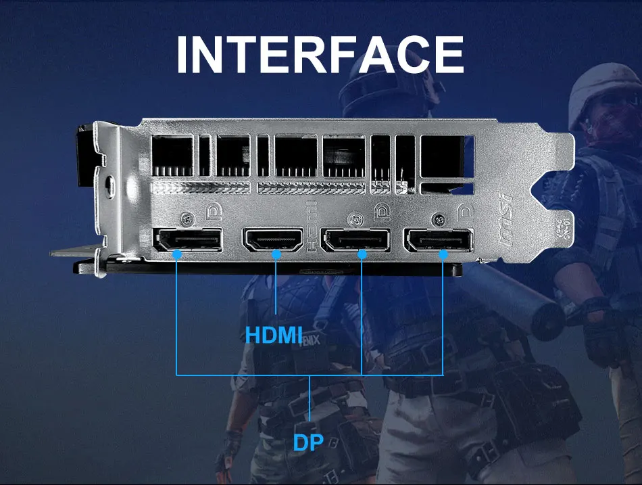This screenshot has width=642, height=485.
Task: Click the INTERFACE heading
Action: point(320,55)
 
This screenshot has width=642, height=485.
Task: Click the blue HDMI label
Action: point(274,334)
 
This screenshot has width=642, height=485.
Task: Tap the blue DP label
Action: point(308,442)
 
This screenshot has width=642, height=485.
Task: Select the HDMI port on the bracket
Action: point(273,239)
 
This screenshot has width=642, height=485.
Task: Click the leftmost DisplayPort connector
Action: point(187,239)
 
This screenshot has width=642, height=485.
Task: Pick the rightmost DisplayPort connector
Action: point(439,240)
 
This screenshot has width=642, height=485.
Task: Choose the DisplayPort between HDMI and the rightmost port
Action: point(355,240)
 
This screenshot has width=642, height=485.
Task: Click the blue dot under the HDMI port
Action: point(276,254)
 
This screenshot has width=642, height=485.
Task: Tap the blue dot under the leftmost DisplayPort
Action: point(177,254)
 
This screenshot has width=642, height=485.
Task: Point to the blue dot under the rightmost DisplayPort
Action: point(443,255)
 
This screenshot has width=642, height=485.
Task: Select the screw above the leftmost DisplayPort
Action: point(187,218)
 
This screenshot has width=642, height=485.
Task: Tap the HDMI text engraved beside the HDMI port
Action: point(312,226)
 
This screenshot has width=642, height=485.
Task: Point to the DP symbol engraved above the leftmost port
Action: point(215,212)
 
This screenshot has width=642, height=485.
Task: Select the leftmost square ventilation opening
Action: point(172,156)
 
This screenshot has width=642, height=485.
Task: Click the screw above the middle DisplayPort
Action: point(355,219)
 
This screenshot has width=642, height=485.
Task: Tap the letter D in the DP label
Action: point(300,442)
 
